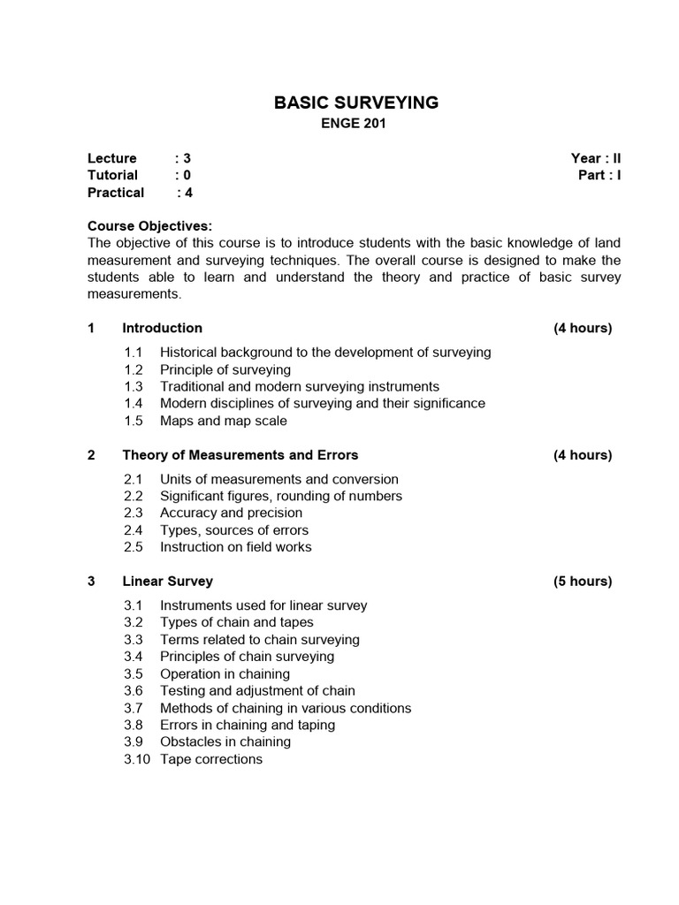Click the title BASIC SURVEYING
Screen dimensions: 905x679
click(x=356, y=103)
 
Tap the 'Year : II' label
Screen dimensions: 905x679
click(x=596, y=158)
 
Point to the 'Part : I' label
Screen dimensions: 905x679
click(x=599, y=175)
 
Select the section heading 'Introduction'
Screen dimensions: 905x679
click(x=162, y=328)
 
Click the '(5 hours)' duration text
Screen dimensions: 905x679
click(x=583, y=582)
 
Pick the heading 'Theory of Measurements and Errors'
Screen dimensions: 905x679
click(x=240, y=455)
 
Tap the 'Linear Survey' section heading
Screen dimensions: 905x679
click(x=167, y=582)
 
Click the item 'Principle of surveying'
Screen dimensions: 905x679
click(x=225, y=369)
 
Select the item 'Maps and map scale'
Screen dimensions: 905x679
click(x=223, y=421)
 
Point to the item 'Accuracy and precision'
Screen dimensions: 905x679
click(x=231, y=513)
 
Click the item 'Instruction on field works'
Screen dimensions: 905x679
click(x=235, y=547)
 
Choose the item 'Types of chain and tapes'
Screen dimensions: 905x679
click(x=236, y=622)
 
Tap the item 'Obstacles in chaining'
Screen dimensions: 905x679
click(x=225, y=741)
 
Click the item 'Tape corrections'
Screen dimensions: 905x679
click(x=210, y=759)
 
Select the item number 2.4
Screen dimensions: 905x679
click(x=133, y=530)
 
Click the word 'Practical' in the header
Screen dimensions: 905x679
click(x=115, y=192)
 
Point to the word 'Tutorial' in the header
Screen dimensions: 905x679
click(x=112, y=175)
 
